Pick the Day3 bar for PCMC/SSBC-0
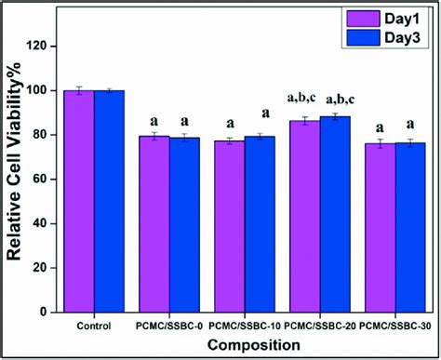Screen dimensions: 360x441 [x=184, y=227]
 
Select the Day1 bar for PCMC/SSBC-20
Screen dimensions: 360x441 [x=304, y=219]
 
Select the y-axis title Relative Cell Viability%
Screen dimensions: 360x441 [x=15, y=177]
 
